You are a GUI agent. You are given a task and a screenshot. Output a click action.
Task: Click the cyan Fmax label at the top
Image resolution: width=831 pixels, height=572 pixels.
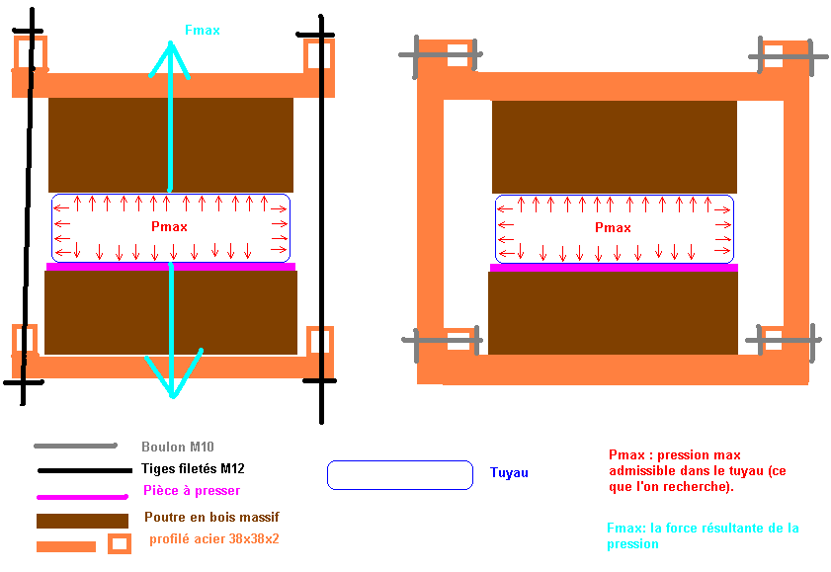tap(202, 31)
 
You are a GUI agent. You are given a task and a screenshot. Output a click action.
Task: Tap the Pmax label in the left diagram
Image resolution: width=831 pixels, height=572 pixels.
tap(170, 227)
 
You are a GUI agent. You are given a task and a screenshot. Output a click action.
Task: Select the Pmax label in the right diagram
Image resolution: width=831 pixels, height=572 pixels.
tap(613, 228)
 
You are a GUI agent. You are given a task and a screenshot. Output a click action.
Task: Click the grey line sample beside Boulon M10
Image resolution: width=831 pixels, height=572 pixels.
tap(75, 447)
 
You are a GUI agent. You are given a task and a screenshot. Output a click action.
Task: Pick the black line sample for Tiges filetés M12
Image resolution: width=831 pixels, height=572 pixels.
tap(83, 470)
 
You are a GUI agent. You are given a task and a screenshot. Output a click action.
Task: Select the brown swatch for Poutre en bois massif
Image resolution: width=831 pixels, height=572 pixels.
tap(82, 520)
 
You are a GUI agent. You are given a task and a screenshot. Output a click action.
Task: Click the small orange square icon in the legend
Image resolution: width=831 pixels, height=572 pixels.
tap(120, 543)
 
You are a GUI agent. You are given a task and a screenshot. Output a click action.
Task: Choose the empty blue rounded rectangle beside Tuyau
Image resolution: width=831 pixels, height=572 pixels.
tap(399, 474)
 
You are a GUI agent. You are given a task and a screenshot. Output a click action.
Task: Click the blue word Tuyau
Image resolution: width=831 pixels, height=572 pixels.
tap(509, 473)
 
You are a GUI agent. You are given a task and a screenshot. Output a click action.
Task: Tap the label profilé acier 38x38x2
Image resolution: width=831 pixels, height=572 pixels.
tap(214, 539)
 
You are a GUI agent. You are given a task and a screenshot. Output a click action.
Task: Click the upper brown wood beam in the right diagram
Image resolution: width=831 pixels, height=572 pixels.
tap(614, 146)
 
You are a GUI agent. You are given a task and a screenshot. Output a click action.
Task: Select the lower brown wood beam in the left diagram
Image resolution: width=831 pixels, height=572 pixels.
tap(171, 311)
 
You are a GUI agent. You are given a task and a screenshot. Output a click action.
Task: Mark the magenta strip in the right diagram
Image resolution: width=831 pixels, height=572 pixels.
tap(614, 267)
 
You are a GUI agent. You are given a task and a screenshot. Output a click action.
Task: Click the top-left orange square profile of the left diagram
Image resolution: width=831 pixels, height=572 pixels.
tap(27, 53)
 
